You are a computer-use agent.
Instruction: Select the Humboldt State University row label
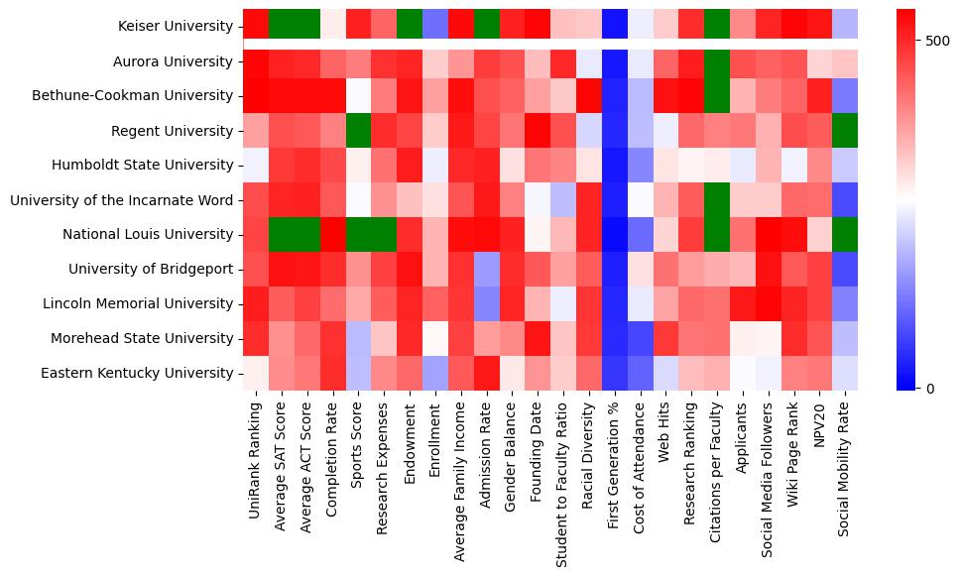coord(153,166)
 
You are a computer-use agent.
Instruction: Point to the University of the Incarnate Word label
coord(122,200)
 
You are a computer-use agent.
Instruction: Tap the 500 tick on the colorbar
coord(936,42)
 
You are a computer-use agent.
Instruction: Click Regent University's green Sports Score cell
coord(358,131)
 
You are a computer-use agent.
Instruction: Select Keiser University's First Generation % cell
coord(615,27)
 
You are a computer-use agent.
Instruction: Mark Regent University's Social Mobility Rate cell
coord(846,131)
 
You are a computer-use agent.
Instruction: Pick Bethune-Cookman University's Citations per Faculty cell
coord(718,96)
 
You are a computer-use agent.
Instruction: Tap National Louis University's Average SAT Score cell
coord(281,235)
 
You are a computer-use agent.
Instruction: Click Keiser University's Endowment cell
coord(410,27)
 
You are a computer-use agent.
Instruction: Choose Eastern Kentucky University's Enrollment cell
coord(435,374)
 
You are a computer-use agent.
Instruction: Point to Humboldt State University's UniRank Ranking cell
coord(256,166)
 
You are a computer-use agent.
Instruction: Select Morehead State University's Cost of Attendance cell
coord(641,339)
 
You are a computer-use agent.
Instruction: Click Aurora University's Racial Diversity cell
coord(589,61)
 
